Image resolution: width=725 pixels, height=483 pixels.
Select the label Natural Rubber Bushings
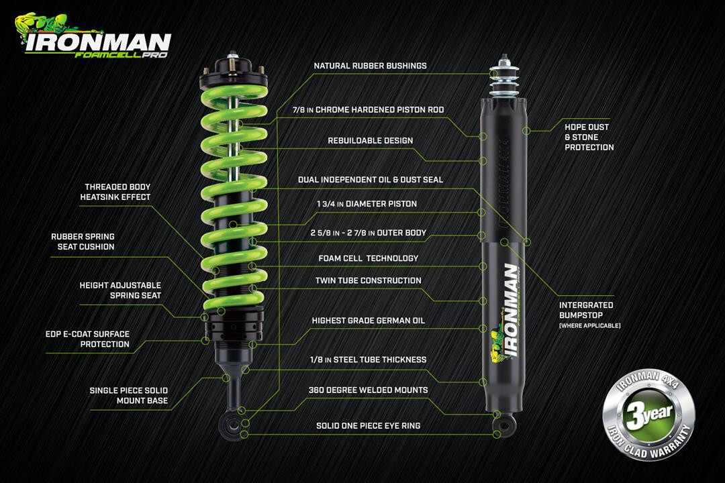370,66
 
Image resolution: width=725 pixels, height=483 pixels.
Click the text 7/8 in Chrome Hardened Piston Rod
369,110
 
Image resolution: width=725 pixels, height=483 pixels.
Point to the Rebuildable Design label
370,141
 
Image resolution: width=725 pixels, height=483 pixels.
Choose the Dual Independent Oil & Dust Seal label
371,180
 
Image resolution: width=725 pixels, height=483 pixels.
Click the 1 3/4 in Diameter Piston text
367,204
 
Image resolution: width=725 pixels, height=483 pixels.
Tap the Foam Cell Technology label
368,258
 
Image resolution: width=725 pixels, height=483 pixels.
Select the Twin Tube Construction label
369,280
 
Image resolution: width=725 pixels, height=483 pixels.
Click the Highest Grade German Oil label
368,321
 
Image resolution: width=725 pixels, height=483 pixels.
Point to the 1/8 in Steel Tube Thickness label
368,360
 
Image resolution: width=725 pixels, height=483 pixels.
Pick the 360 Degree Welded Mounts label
368,390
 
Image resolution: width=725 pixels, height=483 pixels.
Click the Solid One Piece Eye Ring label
369,426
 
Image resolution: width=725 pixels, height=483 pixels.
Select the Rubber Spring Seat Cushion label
83,241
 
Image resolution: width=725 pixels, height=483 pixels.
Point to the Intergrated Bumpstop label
586,310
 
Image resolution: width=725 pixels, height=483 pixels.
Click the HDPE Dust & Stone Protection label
589,137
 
